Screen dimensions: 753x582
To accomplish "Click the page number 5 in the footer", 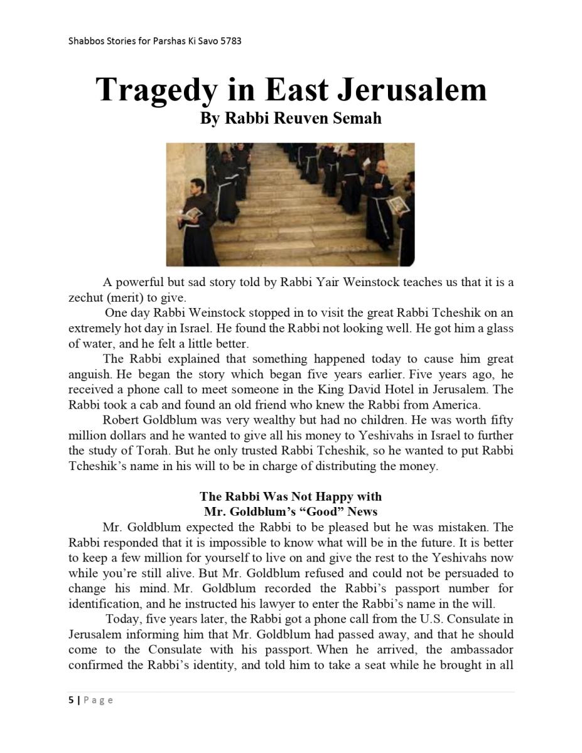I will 71,700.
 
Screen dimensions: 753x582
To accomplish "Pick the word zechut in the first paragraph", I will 85,297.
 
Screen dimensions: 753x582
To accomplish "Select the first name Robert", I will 122,420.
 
